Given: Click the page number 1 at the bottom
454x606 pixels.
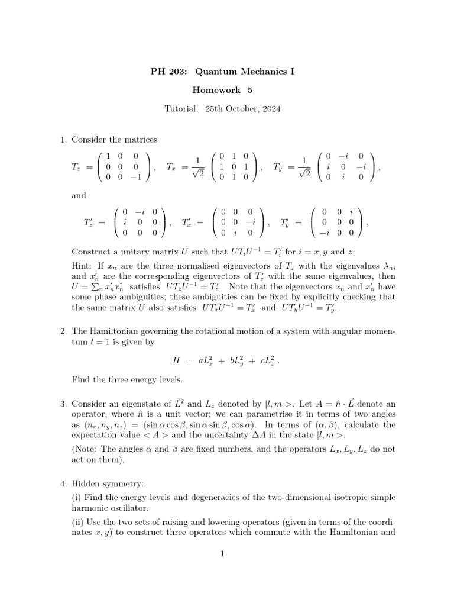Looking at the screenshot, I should [x=222, y=554].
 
